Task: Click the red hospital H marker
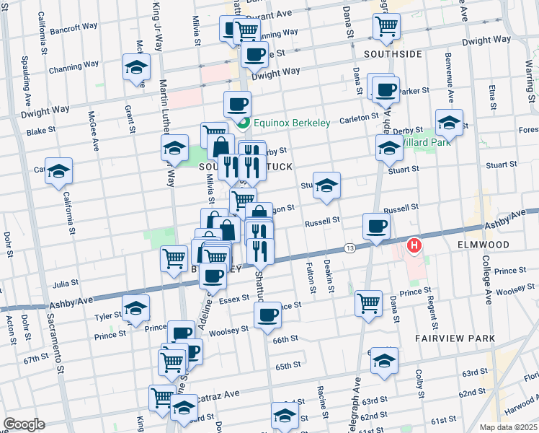click(x=414, y=246)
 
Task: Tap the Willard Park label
click(x=428, y=142)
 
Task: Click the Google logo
click(x=24, y=424)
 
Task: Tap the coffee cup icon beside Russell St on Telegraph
click(x=376, y=227)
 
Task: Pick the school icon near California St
click(x=59, y=172)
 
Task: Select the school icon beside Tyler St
click(x=135, y=308)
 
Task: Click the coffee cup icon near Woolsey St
click(x=267, y=315)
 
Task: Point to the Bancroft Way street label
click(x=74, y=29)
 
